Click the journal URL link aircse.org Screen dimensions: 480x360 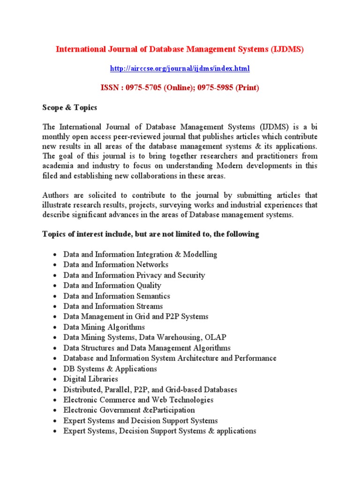pos(180,68)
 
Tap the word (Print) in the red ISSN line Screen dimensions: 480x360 pos(247,88)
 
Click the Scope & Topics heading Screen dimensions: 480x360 pos(70,107)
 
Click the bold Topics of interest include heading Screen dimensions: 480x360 pos(150,234)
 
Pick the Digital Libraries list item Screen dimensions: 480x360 pos(90,379)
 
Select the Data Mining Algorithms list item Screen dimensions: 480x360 pos(104,327)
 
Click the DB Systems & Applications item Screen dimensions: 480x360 pos(110,368)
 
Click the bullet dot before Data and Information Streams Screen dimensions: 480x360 pos(55,307)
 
